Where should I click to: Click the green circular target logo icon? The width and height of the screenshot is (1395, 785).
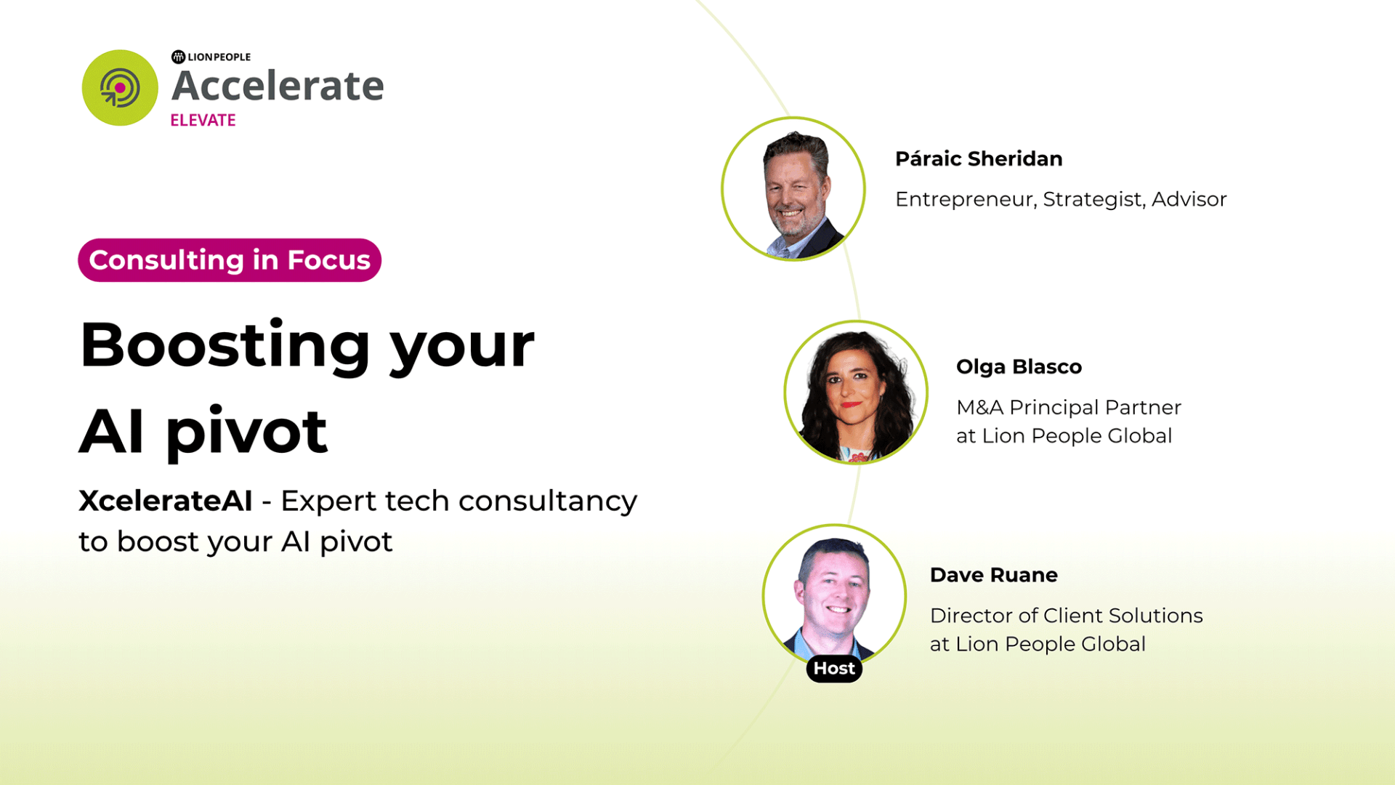coord(120,88)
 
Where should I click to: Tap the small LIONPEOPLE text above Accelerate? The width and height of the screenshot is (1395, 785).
coord(218,57)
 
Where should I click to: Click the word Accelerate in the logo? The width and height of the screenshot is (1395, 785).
coord(278,86)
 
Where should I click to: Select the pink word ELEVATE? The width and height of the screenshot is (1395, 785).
coord(203,120)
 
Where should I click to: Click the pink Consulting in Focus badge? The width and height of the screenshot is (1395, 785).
coord(230,260)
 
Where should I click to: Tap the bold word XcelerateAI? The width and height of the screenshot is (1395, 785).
coord(166,501)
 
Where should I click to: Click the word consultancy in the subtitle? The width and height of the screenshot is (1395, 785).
coord(548,501)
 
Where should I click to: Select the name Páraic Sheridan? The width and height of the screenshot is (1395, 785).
coord(979,158)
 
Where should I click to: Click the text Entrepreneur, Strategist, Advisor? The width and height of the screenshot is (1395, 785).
coord(1061,199)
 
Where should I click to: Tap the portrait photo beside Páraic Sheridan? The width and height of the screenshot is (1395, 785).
coord(793,189)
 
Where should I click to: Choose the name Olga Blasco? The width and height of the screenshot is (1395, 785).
coord(1019,366)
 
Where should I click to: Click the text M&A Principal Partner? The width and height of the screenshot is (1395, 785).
coord(1069,407)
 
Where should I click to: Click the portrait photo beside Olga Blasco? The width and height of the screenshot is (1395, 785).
coord(856,392)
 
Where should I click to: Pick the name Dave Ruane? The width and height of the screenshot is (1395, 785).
coord(993,575)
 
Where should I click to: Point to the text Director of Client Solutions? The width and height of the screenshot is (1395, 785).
coord(1066,616)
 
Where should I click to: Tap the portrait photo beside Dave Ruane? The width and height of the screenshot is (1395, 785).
coord(834,595)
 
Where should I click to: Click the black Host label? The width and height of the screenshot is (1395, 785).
coord(834,669)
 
